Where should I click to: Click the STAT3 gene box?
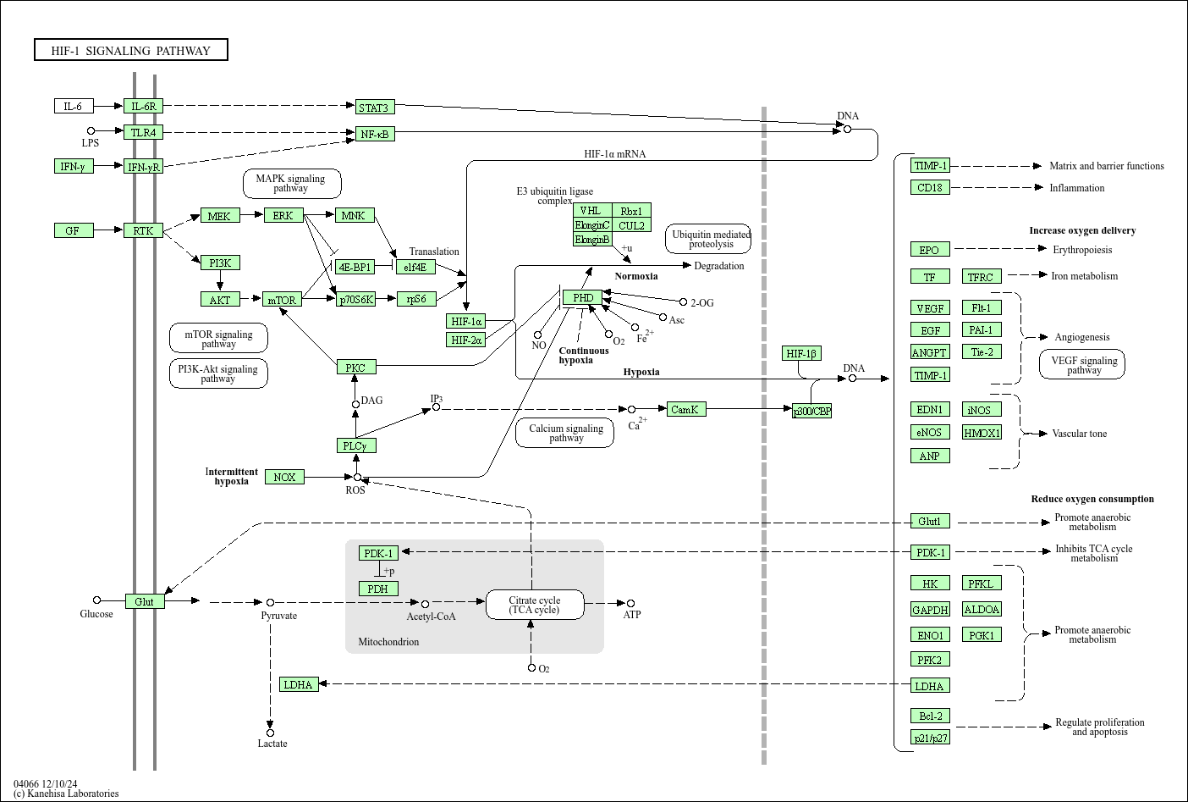point(373,107)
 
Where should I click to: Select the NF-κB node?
point(374,134)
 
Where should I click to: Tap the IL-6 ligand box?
point(74,106)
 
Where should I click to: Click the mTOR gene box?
point(282,300)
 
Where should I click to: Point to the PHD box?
point(582,297)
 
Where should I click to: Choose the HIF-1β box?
point(800,353)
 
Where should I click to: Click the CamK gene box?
point(685,409)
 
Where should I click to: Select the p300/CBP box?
point(811,411)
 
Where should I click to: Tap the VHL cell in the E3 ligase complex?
point(591,211)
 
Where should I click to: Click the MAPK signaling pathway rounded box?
point(291,183)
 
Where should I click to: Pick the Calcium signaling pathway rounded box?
point(565,433)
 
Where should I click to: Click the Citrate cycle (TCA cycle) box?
point(535,605)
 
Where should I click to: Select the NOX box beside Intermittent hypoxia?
point(284,477)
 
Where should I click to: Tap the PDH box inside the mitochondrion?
point(377,589)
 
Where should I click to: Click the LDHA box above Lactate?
point(298,684)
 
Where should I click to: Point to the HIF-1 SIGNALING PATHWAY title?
point(131,51)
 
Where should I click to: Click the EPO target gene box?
point(929,249)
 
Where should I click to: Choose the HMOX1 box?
point(982,433)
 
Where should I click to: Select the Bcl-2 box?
point(929,716)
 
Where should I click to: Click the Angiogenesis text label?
point(1081,337)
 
